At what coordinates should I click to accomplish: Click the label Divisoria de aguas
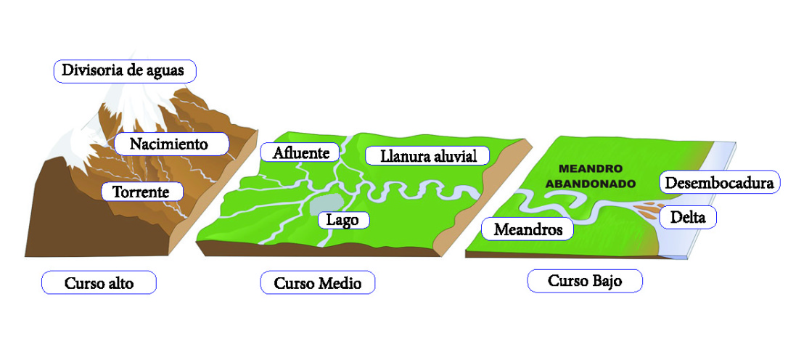126,70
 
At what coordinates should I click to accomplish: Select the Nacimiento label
169,144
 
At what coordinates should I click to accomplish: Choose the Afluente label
300,152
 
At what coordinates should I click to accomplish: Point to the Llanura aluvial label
426,155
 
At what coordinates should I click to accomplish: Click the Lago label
343,219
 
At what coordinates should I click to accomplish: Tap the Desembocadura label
720,182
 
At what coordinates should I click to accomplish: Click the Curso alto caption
99,283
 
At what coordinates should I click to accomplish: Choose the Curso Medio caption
317,283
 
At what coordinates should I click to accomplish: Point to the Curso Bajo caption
585,280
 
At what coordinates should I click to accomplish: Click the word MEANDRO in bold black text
591,169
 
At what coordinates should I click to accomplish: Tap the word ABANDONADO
591,184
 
